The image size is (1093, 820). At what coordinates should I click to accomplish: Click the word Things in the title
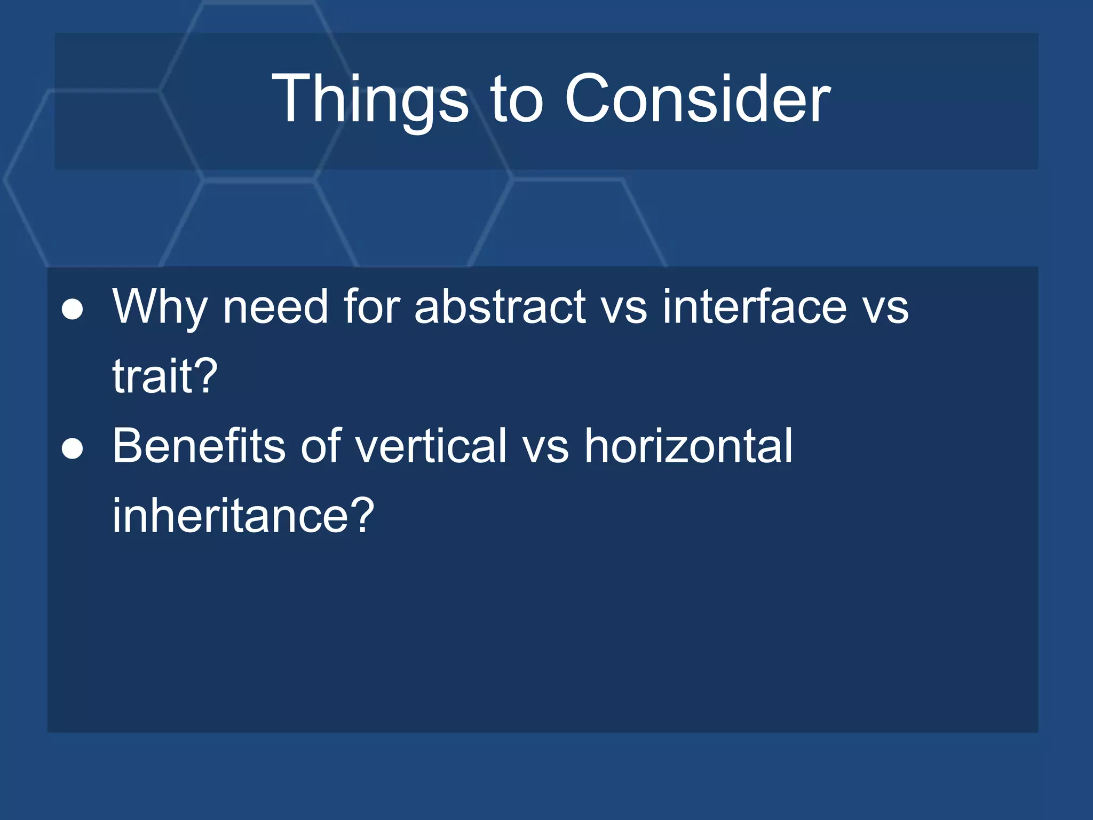pyautogui.click(x=370, y=100)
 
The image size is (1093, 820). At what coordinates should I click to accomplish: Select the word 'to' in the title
pyautogui.click(x=517, y=100)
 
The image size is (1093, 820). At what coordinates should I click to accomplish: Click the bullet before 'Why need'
pyautogui.click(x=73, y=309)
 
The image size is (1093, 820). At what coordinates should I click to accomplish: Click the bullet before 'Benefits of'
pyautogui.click(x=73, y=448)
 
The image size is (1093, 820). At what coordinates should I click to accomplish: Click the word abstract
pyautogui.click(x=500, y=307)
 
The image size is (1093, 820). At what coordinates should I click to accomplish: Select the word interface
pyautogui.click(x=754, y=307)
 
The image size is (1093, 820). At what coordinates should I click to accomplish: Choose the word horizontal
pyautogui.click(x=688, y=446)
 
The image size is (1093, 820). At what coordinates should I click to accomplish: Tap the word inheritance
pyautogui.click(x=231, y=515)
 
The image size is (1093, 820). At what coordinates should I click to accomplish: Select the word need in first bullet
pyautogui.click(x=275, y=308)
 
